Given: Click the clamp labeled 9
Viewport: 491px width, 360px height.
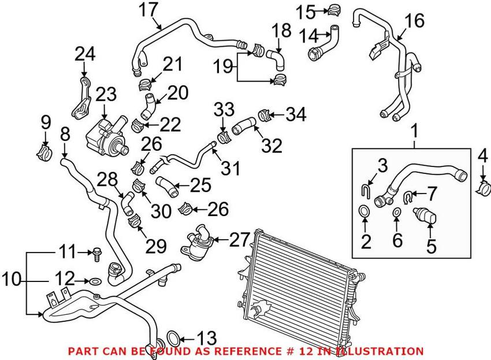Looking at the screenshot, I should click(x=45, y=151).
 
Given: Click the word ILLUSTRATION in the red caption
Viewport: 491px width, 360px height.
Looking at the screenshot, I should click(x=389, y=351).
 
